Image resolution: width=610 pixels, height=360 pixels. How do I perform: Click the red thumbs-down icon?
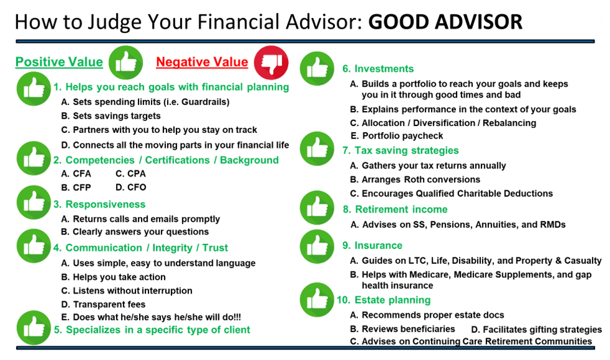[x=271, y=62]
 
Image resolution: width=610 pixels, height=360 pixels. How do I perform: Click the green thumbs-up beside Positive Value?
[x=126, y=62]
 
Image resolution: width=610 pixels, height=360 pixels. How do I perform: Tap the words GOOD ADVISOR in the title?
[x=445, y=22]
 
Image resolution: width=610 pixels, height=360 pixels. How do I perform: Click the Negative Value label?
[x=202, y=62]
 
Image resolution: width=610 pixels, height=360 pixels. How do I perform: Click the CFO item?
[x=130, y=187]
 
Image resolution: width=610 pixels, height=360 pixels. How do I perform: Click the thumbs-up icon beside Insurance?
[x=317, y=246]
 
